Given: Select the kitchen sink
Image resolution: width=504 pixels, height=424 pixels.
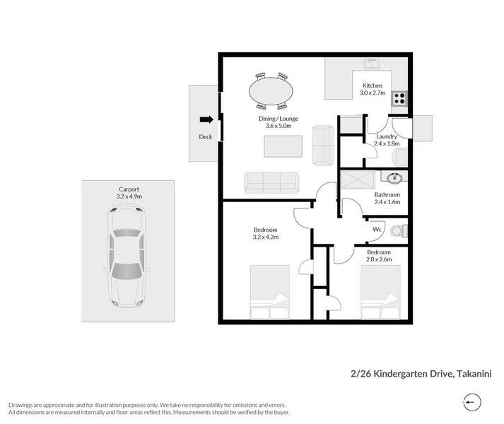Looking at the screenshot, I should click(372, 65).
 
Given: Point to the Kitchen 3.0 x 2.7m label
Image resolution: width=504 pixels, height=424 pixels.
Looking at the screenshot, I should click(372, 89).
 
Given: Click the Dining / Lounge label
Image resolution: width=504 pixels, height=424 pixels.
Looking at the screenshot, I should click(278, 123).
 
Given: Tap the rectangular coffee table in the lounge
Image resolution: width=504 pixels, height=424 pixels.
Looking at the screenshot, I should click(283, 146).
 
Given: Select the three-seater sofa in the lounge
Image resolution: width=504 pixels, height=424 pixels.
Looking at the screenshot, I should click(271, 182).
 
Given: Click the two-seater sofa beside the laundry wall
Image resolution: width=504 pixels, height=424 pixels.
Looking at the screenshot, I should click(324, 145).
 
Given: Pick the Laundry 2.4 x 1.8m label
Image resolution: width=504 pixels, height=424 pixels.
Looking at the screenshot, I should click(386, 140).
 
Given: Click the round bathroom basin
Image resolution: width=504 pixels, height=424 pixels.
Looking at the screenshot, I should click(394, 177).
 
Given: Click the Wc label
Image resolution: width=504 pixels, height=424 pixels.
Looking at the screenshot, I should click(377, 230).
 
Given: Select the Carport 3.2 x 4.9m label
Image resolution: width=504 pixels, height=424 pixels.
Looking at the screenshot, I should click(129, 193).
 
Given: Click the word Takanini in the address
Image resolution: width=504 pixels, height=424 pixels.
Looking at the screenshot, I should click(474, 374).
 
